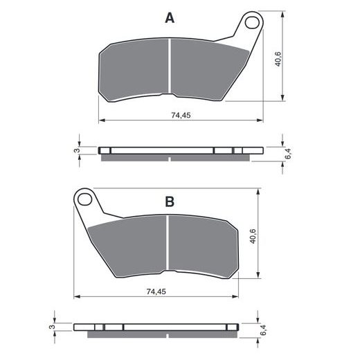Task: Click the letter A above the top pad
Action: tap(170, 18)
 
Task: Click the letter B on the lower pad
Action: tap(170, 201)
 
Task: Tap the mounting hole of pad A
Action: tap(252, 23)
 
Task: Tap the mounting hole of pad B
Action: tap(84, 199)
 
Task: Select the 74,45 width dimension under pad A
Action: tap(181, 115)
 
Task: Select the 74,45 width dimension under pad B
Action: tap(156, 291)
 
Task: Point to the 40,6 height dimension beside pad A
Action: tap(278, 59)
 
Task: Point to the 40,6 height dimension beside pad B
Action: tap(253, 236)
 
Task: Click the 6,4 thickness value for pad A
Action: tap(288, 154)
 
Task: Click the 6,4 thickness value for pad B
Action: tap(263, 330)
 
